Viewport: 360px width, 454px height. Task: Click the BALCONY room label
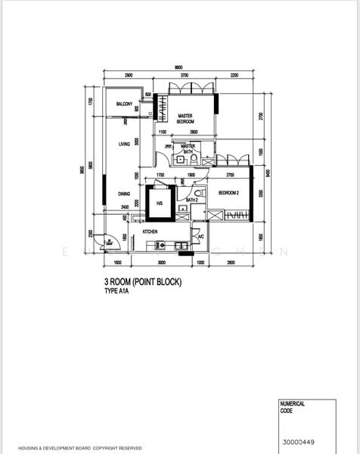(125, 104)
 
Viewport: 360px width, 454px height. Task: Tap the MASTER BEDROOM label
(185, 119)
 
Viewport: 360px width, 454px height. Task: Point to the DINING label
(124, 194)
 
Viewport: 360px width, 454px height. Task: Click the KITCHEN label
(150, 230)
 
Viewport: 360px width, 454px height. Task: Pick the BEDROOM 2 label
(229, 194)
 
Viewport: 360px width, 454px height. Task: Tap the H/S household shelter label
(160, 204)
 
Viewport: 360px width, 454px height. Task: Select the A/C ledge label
(200, 237)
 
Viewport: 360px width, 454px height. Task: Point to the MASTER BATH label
(187, 148)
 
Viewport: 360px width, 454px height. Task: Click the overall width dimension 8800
(178, 68)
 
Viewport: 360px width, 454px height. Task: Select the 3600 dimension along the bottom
(161, 263)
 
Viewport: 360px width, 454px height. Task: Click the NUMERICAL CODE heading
(293, 407)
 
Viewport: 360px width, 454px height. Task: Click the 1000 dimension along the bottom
(200, 263)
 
